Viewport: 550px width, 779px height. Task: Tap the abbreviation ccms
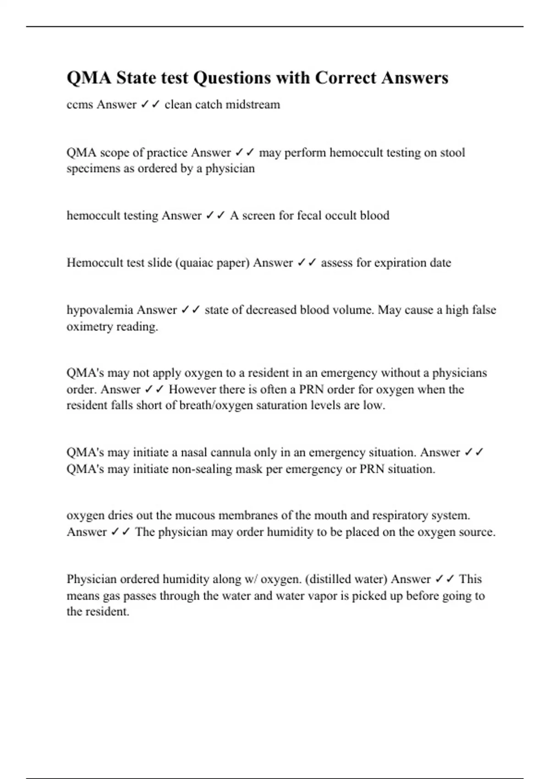(x=80, y=104)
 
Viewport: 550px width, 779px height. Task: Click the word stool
(x=452, y=153)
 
